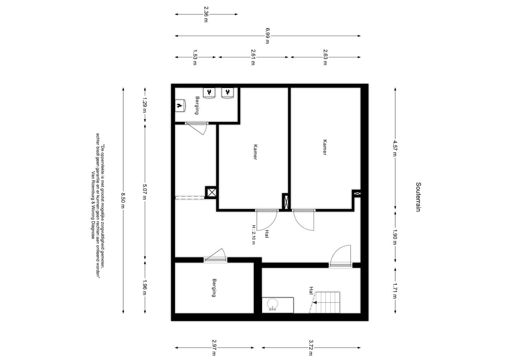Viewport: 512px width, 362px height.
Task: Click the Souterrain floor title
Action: [x=418, y=197]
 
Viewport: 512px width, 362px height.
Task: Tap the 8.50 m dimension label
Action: [x=123, y=200]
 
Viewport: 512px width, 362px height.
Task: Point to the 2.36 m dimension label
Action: [x=206, y=14]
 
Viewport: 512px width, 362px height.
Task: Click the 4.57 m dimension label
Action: [x=395, y=148]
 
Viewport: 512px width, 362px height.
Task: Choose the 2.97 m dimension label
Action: [x=214, y=348]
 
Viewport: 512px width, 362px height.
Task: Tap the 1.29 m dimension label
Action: [x=145, y=105]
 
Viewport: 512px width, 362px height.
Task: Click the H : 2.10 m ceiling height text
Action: [x=253, y=235]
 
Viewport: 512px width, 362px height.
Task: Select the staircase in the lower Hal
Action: [x=325, y=302]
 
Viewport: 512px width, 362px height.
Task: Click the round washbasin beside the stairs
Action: [x=272, y=305]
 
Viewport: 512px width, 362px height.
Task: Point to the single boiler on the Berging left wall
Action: [x=180, y=106]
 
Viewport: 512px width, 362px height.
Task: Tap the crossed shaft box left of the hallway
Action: [x=211, y=192]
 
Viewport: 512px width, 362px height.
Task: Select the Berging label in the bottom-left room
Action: [x=214, y=288]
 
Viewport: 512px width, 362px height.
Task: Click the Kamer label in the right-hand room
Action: [x=325, y=147]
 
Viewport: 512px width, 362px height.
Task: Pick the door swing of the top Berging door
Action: [x=197, y=129]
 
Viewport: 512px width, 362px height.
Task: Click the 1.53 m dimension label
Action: [x=195, y=57]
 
